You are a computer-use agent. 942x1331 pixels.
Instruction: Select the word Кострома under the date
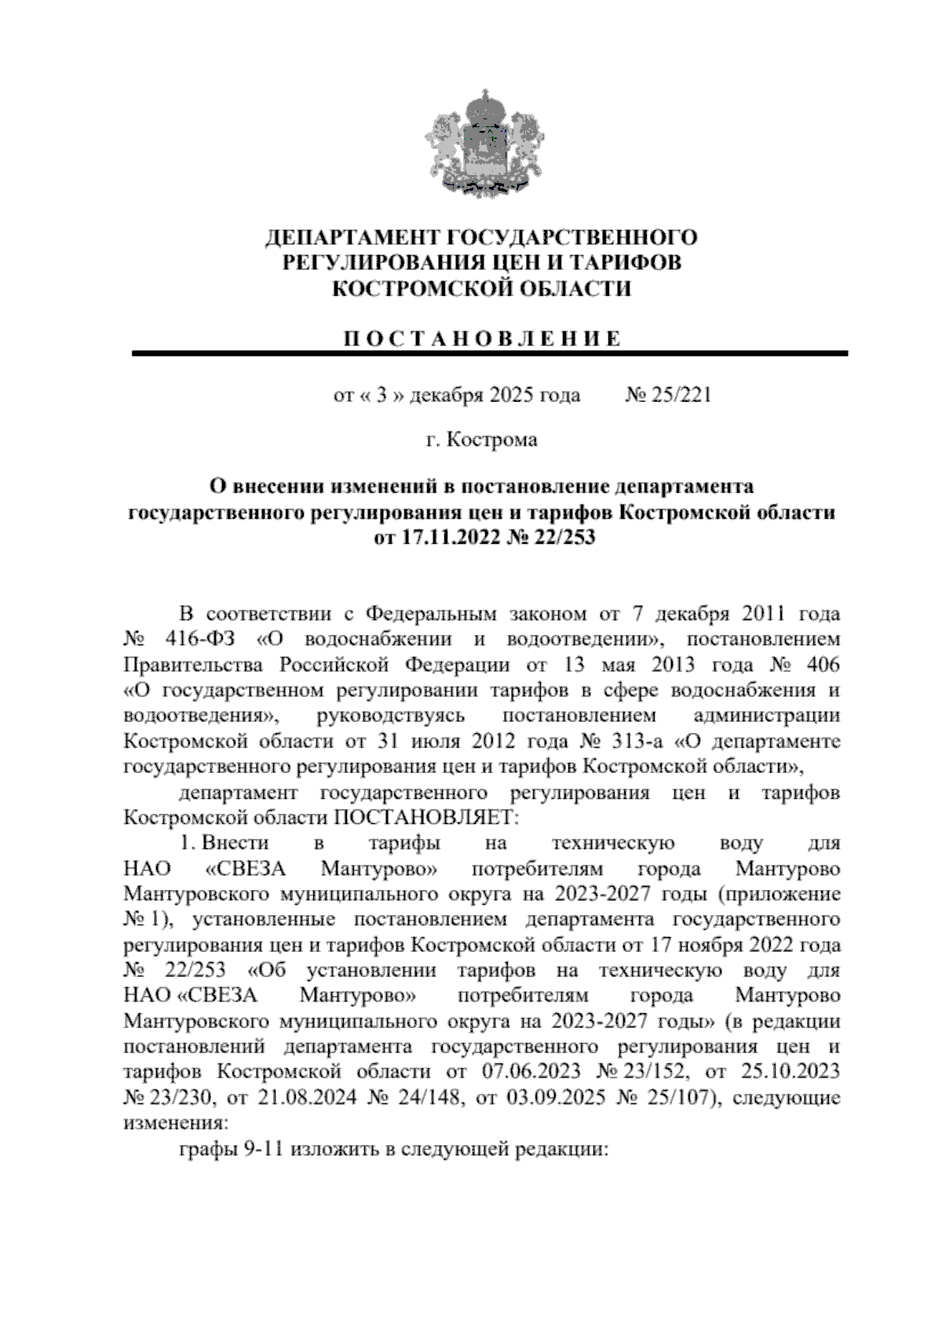491,440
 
